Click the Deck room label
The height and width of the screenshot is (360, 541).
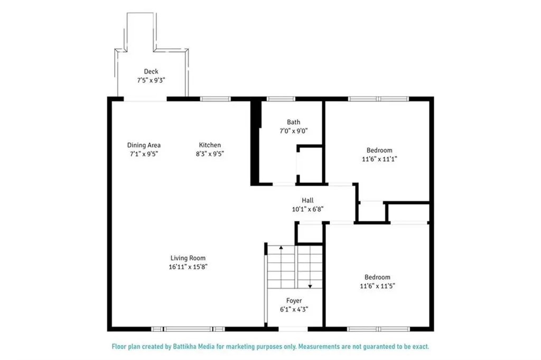tap(151, 71)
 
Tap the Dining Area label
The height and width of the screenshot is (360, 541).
tap(144, 145)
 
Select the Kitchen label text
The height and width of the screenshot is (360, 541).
tap(210, 145)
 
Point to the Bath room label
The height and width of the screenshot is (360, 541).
tap(294, 122)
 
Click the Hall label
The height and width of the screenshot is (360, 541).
tap(307, 200)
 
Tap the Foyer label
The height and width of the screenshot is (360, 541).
tap(294, 300)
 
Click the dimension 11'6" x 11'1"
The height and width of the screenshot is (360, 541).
tap(379, 159)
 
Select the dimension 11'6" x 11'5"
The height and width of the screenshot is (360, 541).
tap(377, 286)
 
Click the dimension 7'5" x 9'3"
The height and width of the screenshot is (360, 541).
tap(151, 80)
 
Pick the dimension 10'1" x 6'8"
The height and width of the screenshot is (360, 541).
tap(307, 209)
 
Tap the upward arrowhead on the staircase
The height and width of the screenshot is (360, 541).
tap(281, 247)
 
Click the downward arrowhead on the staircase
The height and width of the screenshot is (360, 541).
tap(310, 286)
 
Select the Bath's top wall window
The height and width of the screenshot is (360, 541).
tap(281, 99)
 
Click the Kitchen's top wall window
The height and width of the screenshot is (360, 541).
tap(215, 99)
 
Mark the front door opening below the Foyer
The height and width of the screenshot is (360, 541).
tap(293, 329)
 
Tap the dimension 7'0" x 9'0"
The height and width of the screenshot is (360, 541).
tap(294, 131)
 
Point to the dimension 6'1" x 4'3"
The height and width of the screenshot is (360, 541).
tap(294, 309)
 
